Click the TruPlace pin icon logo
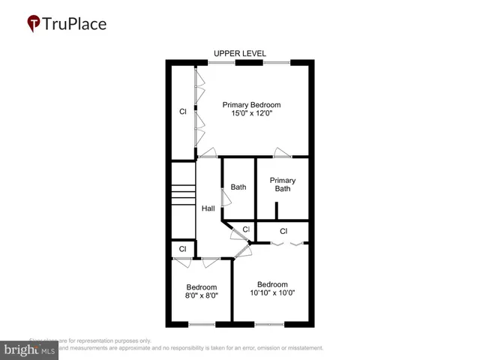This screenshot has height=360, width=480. tap(34, 24)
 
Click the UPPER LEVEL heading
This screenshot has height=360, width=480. tap(239, 53)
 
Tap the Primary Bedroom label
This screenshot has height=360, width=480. tap(251, 105)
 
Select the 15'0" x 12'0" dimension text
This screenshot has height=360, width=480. tap(251, 115)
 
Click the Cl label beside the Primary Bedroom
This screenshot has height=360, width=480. tap(182, 112)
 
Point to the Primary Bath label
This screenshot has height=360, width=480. tap(283, 184)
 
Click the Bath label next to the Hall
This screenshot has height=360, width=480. tap(238, 187)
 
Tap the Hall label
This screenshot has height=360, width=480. tap(208, 208)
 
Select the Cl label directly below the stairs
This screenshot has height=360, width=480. tap(182, 249)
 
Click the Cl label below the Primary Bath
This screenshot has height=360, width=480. tap(283, 231)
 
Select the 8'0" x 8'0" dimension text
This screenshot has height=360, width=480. tap(202, 296)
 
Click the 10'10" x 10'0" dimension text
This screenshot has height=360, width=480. tap(272, 293)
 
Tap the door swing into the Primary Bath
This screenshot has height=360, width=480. tap(283, 153)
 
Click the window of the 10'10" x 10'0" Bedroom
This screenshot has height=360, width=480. tap(269, 324)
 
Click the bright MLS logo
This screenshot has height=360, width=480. tap(30, 350)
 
